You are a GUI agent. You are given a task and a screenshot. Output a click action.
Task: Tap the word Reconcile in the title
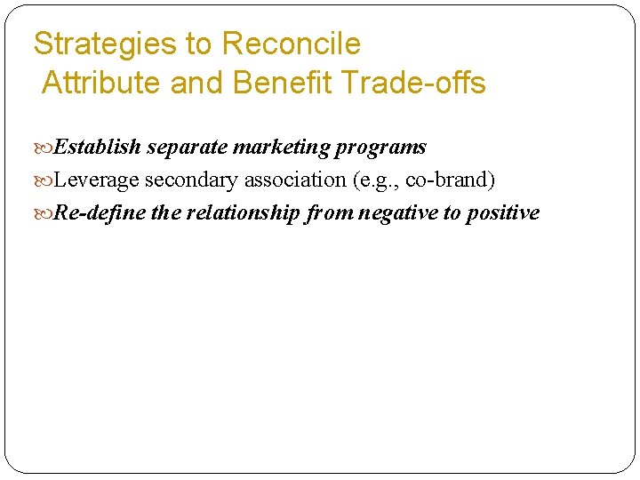pos(292,44)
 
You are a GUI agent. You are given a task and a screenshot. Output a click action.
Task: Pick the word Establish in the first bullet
pos(98,147)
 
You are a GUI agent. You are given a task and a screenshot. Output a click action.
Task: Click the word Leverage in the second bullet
pos(97,180)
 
